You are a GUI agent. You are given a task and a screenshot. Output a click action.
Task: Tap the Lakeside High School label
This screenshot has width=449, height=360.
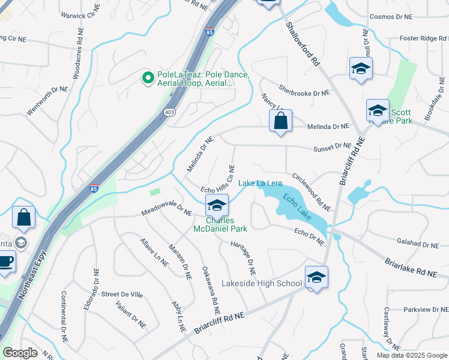(262, 283)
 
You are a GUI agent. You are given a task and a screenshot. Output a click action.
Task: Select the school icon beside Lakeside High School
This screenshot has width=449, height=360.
(316, 277)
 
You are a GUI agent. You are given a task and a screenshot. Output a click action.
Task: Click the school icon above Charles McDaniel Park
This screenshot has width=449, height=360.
(217, 206)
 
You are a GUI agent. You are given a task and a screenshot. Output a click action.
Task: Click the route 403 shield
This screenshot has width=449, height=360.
(170, 112)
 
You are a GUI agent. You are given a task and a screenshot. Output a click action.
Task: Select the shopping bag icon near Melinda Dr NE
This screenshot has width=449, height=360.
(280, 122)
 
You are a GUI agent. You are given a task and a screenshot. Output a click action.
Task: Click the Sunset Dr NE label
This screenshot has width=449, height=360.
(332, 146)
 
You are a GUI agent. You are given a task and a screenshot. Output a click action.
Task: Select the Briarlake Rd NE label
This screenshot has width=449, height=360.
(412, 266)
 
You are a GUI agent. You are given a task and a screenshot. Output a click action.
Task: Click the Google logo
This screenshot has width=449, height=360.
(20, 353)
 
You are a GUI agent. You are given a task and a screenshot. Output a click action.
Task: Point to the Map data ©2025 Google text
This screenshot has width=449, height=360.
(411, 355)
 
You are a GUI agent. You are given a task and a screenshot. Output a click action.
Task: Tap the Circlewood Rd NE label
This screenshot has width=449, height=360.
(312, 191)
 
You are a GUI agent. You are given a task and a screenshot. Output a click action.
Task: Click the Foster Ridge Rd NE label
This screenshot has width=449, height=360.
(417, 38)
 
